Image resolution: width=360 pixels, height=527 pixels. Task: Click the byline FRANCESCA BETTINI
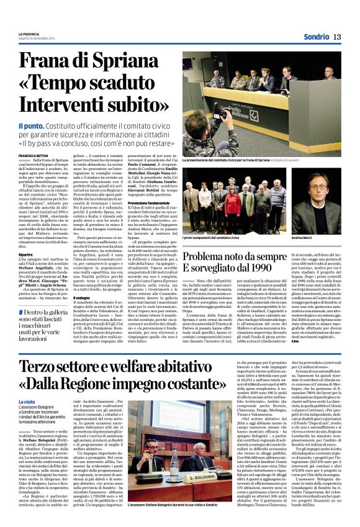(35, 155)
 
